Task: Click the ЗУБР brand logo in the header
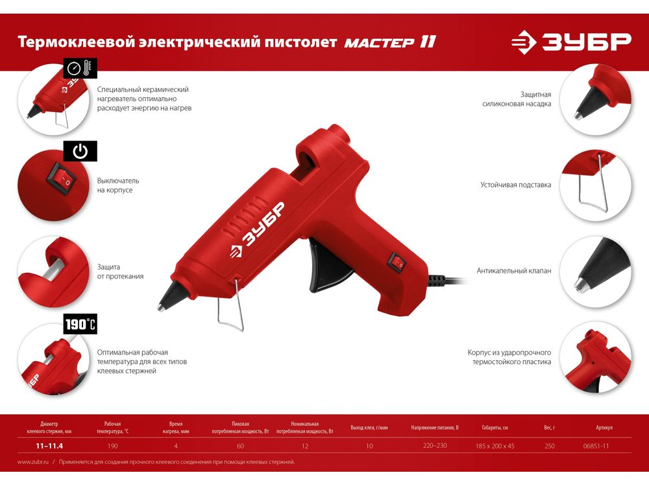(571, 41)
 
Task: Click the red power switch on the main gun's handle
(397, 262)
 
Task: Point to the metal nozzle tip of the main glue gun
(161, 307)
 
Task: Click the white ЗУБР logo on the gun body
(258, 230)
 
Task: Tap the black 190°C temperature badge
(80, 324)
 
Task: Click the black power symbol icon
(80, 151)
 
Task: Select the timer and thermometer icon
(80, 68)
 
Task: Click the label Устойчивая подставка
(515, 185)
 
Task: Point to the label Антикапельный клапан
(513, 271)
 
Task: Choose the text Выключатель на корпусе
(118, 185)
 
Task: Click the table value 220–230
(435, 446)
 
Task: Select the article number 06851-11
(596, 446)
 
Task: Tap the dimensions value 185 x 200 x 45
(495, 446)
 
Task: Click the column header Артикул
(604, 427)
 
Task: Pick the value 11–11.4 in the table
(49, 446)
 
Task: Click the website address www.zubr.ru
(33, 462)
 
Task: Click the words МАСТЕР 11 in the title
(390, 42)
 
